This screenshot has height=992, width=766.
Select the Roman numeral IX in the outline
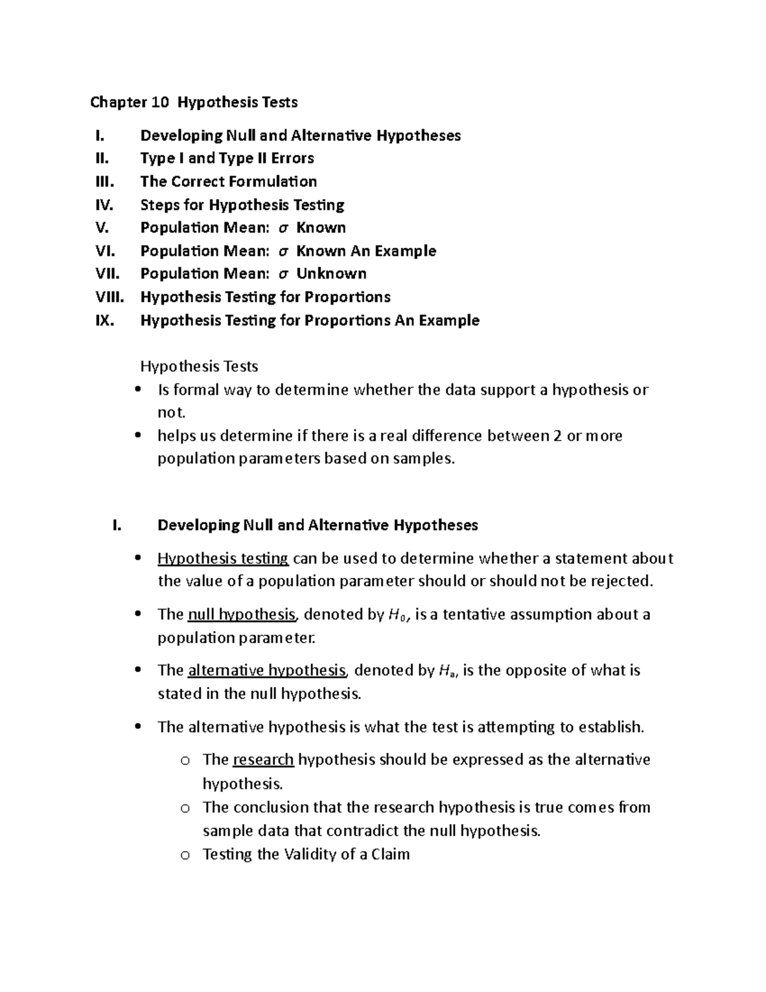pos(104,320)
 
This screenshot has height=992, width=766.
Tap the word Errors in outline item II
pos(292,158)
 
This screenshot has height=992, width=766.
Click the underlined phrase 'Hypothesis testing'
pos(223,559)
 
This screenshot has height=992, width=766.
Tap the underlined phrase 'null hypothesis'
pos(242,614)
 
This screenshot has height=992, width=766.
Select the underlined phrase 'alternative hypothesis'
pos(267,671)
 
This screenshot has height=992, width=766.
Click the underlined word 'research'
pos(263,759)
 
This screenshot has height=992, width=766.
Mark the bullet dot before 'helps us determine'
pos(138,436)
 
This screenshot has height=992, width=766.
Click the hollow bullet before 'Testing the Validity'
pos(185,855)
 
